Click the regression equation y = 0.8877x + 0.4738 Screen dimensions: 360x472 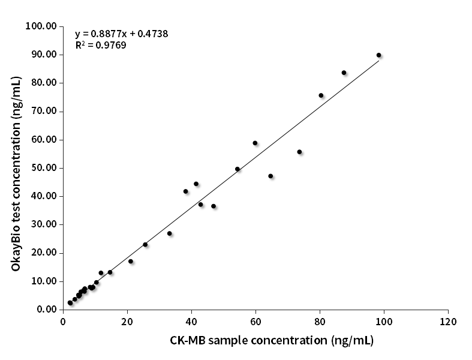click(x=121, y=34)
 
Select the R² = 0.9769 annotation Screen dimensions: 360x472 click(x=100, y=45)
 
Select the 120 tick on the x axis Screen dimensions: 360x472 click(x=448, y=321)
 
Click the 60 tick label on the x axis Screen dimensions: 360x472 click(x=255, y=321)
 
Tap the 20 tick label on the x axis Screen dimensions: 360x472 click(x=127, y=321)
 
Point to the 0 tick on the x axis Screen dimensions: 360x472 click(x=63, y=321)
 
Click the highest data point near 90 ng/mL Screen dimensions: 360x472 click(x=378, y=55)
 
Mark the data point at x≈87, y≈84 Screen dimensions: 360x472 click(x=344, y=73)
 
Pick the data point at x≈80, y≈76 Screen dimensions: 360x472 click(x=321, y=95)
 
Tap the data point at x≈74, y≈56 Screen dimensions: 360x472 click(x=299, y=152)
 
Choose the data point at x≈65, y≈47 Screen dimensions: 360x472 click(x=270, y=176)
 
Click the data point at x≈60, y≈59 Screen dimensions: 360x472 click(x=255, y=143)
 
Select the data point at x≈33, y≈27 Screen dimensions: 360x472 click(x=170, y=233)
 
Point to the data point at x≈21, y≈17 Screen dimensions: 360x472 click(x=131, y=261)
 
